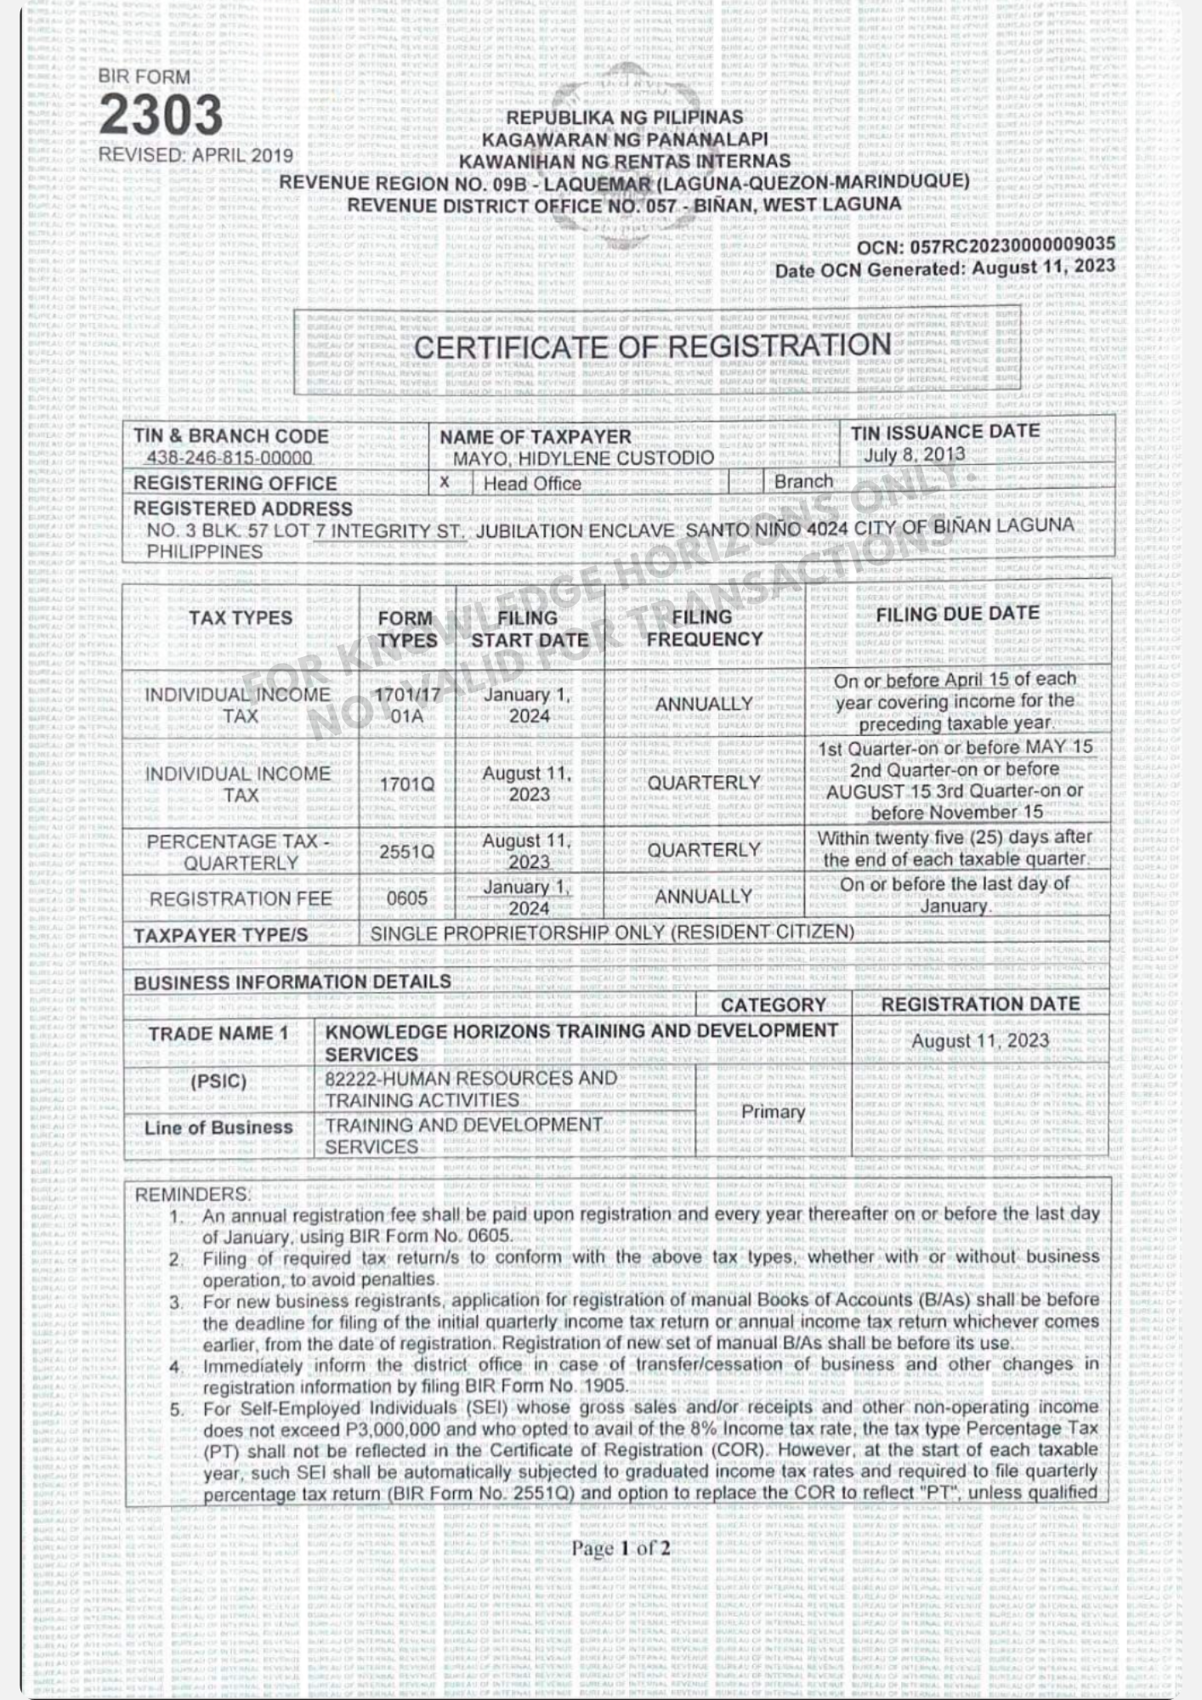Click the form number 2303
click(161, 116)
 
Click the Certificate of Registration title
click(652, 347)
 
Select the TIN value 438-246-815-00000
click(230, 458)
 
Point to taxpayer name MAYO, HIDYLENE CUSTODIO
click(583, 458)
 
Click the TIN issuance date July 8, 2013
click(914, 454)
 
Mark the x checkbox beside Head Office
click(445, 482)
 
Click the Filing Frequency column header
click(704, 628)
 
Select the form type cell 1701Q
click(406, 784)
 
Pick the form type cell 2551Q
click(406, 851)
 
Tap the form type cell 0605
click(406, 898)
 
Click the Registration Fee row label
click(241, 898)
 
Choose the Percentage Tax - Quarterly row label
click(240, 852)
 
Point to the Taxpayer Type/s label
click(220, 935)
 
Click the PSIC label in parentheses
click(218, 1081)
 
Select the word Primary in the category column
click(773, 1112)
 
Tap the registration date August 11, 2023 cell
click(980, 1041)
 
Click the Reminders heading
click(192, 1194)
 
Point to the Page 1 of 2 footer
click(621, 1548)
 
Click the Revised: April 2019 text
click(196, 156)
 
